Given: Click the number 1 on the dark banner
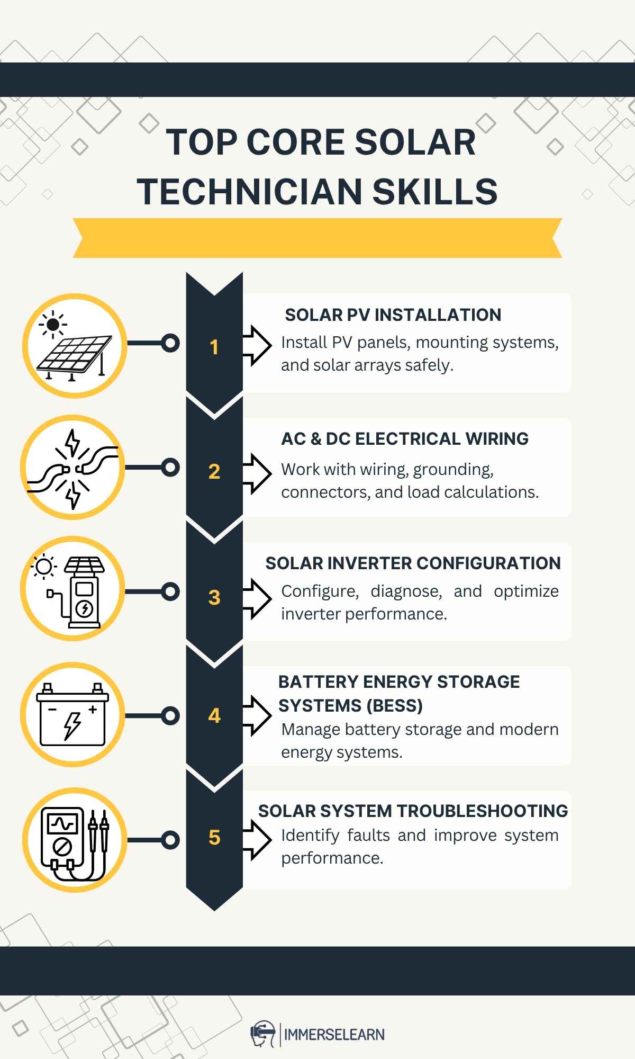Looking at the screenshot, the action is coord(214,347).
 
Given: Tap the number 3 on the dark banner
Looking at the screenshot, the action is coord(214,597).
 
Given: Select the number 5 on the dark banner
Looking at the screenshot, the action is coord(214,837).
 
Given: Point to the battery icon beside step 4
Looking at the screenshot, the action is coord(72,714).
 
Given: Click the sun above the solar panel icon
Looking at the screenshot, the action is coord(53,325).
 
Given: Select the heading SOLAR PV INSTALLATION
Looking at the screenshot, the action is coord(393,315).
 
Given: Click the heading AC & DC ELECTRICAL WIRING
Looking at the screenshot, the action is coord(405,439).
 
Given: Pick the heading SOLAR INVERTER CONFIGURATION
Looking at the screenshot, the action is coord(413,563).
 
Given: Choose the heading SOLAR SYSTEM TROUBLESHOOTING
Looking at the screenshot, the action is coord(413,811).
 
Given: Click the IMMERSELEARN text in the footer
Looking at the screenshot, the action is coord(334,1034).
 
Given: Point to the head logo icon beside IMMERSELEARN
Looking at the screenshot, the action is coord(263,1034).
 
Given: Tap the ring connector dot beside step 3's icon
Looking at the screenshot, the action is coord(170,591).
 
